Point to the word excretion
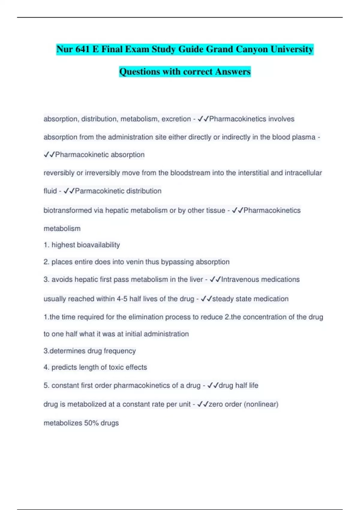[x=176, y=119]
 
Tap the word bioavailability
[x=98, y=245]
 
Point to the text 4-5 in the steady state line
[x=122, y=299]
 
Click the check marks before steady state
[x=206, y=299]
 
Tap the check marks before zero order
[x=203, y=404]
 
